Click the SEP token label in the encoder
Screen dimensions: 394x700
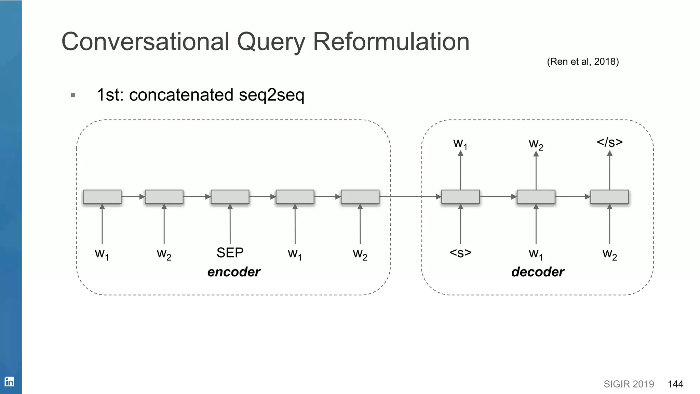point(230,253)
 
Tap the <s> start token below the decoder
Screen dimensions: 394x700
point(460,253)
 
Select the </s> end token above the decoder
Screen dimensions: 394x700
point(609,142)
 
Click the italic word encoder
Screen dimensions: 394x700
point(234,272)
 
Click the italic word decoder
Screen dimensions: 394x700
point(538,272)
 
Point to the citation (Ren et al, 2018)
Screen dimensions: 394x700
point(583,62)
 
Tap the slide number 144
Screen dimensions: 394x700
point(675,384)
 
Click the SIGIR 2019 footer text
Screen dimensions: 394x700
point(629,384)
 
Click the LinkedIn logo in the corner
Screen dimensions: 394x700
point(9,382)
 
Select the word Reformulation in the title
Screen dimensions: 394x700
point(391,42)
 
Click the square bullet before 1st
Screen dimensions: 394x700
point(73,95)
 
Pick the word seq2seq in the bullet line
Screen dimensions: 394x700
point(271,95)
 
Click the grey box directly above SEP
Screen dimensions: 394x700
point(230,197)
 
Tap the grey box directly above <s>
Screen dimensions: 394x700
point(460,197)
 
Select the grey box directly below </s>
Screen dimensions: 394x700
point(609,197)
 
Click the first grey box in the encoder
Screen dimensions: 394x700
point(102,197)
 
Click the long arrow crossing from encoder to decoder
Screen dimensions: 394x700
point(410,197)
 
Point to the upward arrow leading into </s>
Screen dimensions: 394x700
point(609,171)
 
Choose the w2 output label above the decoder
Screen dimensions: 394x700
point(536,144)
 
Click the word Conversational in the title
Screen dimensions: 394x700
point(145,42)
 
